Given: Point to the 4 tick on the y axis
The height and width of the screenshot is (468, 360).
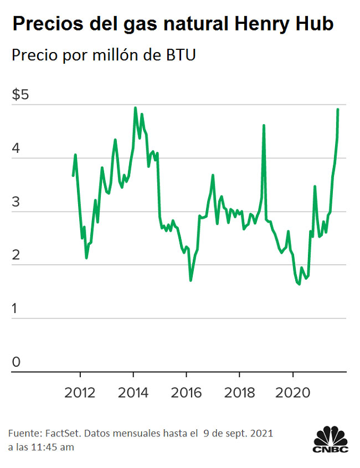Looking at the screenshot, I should point(16,148).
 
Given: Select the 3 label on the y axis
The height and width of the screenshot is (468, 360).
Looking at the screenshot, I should point(16,202).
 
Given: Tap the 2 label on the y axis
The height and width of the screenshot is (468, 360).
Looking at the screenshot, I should point(16,255).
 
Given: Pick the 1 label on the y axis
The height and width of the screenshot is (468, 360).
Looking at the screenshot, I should point(16,308).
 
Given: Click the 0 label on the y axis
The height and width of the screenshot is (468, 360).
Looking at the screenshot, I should point(16,362).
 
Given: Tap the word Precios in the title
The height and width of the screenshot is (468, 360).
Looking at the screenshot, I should point(44,24).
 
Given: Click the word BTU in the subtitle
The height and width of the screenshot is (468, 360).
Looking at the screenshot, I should point(181,56).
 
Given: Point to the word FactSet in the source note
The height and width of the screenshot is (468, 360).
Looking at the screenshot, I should point(64,432).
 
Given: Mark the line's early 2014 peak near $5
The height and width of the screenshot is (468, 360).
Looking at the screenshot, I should point(136,108).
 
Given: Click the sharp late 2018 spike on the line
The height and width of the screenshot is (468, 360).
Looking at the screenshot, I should point(264,126).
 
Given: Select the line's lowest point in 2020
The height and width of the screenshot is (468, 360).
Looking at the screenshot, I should point(299,284).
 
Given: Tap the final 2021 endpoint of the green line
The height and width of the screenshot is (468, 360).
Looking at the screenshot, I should point(338,110).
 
